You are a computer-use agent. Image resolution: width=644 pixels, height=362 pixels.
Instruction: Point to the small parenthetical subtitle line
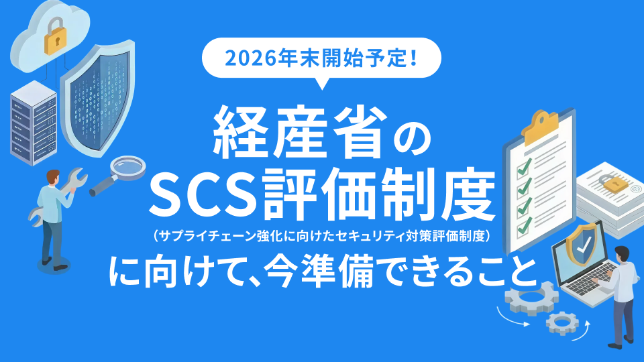[x=322, y=235]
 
